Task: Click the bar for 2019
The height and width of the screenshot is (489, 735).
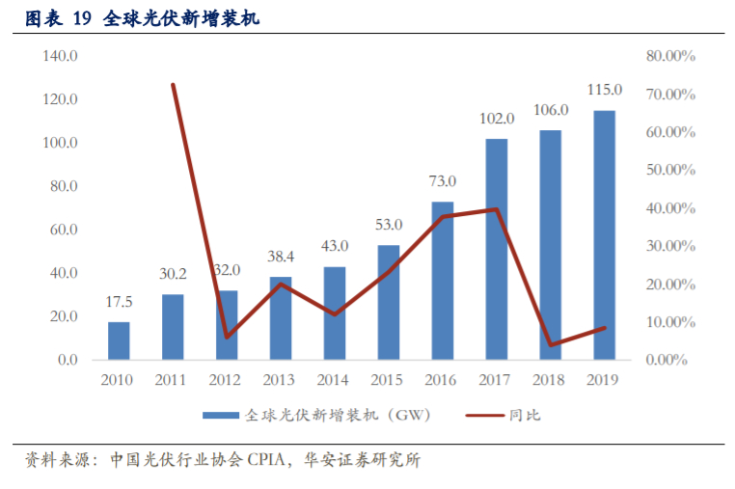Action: (604, 235)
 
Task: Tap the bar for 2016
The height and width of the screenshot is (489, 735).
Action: (443, 281)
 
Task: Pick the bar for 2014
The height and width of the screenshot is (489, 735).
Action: (335, 312)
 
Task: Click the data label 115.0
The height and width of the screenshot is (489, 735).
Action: (605, 90)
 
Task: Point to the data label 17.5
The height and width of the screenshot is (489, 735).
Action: (119, 302)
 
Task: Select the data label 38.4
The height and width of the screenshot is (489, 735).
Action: (281, 258)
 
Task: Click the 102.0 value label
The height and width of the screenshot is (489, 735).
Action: (497, 119)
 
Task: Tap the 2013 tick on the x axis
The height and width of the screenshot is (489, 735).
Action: (281, 380)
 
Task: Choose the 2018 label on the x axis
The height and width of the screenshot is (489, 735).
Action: (551, 380)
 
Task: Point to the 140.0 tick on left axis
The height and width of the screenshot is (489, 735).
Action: (60, 56)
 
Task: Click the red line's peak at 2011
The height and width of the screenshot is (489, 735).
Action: (173, 85)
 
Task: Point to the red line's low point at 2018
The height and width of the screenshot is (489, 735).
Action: (551, 345)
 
